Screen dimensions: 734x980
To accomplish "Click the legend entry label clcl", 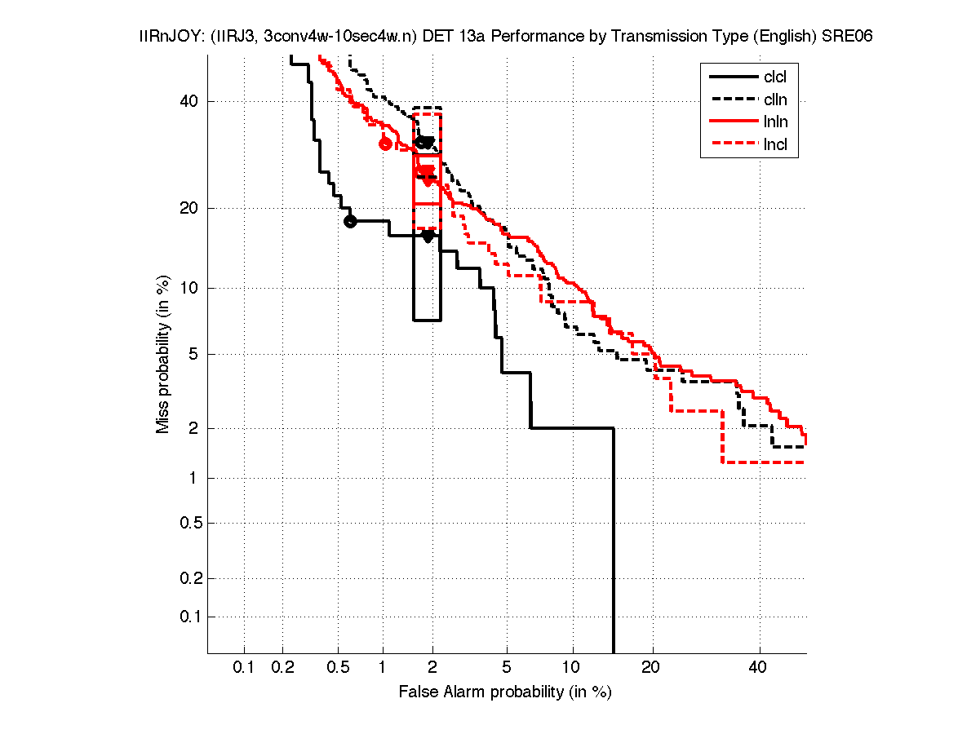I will pos(775,77).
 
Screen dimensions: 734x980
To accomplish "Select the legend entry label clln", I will pos(775,100).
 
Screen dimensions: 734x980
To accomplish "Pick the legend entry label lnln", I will pos(775,122).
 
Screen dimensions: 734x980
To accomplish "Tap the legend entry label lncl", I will pos(775,145).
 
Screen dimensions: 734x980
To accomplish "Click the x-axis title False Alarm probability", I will pos(505,692).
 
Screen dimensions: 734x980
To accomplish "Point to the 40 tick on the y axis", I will pos(190,101).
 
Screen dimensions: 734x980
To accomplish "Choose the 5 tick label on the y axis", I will pos(193,354).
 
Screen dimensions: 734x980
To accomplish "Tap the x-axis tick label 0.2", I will pos(282,667).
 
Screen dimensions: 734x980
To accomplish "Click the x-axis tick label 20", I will pos(651,667).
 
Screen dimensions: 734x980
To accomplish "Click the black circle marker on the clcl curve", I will pos(350,221).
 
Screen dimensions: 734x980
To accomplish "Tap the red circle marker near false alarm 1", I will pos(386,144).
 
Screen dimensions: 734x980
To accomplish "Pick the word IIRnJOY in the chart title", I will pos(162,38).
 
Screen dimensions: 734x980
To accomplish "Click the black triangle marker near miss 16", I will pos(428,236).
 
